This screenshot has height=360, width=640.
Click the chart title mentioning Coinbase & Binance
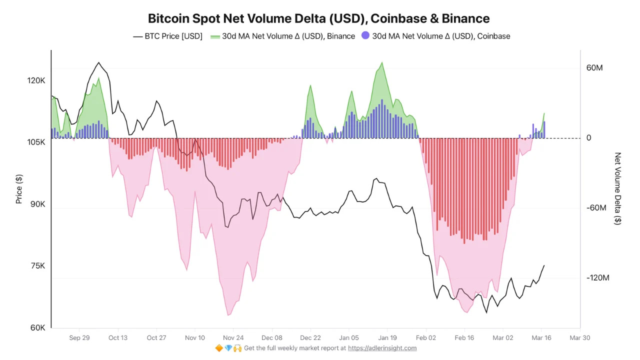click(318, 18)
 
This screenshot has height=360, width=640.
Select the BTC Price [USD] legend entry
click(167, 36)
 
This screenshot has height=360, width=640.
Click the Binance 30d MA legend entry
click(282, 36)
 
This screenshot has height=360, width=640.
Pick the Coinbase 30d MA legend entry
click(435, 36)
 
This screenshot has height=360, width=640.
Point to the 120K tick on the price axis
click(36, 80)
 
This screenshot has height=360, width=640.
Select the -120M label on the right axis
click(597, 277)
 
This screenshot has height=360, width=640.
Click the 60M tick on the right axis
click(594, 67)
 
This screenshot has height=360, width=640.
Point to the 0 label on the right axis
click(589, 138)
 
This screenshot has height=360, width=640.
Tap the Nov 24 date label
click(233, 337)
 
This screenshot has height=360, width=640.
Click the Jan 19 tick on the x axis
click(387, 337)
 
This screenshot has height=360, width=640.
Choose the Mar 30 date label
click(579, 337)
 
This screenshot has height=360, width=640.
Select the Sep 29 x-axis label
click(79, 337)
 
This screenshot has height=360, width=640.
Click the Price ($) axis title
click(19, 189)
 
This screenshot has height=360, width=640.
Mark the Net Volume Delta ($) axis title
click(618, 188)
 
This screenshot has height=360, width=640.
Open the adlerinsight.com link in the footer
click(382, 348)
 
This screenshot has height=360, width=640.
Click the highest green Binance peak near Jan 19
click(382, 62)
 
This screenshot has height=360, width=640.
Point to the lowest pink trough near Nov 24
click(228, 315)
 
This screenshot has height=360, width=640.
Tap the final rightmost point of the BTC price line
click(544, 265)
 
